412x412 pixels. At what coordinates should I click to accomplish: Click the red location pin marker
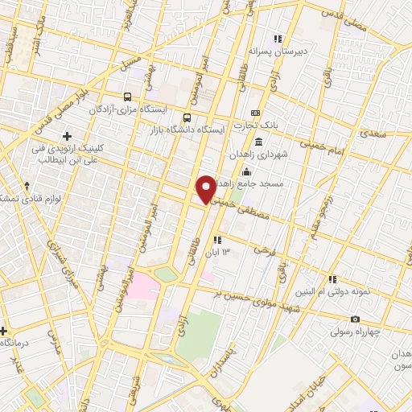coord(206,188)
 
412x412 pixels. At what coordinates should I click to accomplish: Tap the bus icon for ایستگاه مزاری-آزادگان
coord(127,97)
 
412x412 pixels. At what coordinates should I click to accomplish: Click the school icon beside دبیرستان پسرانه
coord(278,39)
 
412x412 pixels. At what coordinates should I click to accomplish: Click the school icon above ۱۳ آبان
coord(216,240)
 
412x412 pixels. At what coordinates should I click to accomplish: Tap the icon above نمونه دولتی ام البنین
coord(332,280)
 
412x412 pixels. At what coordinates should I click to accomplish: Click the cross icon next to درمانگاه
coord(3,331)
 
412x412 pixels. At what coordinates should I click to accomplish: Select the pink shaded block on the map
coord(142,285)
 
